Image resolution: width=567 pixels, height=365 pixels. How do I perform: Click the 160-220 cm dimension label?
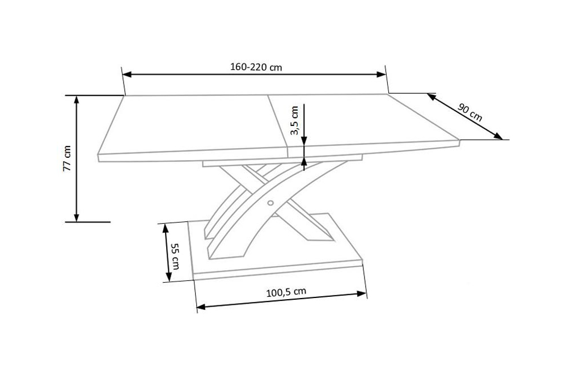(x=256, y=67)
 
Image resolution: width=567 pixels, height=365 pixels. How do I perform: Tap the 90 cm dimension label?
(x=469, y=112)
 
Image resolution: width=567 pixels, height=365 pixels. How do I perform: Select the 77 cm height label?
(x=67, y=158)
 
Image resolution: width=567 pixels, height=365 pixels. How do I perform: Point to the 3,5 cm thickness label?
(x=294, y=120)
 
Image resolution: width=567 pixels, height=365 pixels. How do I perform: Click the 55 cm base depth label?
(x=175, y=257)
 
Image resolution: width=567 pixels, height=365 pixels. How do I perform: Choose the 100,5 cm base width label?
(x=286, y=292)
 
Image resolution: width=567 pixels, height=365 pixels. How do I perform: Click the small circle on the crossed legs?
(x=270, y=203)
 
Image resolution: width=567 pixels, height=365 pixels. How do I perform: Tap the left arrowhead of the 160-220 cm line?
(x=127, y=74)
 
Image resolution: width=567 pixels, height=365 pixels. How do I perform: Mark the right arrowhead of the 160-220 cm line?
(x=382, y=74)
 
